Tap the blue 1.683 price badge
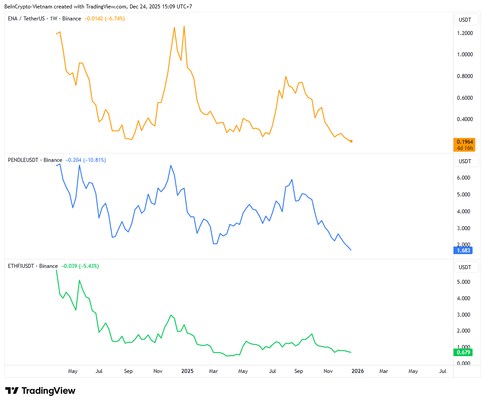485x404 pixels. click(464, 251)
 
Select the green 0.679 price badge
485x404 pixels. click(464, 353)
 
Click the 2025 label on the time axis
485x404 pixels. click(187, 371)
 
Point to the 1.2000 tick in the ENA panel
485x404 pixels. click(464, 33)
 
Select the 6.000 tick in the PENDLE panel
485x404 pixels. click(464, 178)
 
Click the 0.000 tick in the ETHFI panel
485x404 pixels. click(464, 364)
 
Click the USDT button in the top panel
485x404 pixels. click(465, 20)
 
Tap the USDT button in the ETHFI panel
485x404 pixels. click(465, 267)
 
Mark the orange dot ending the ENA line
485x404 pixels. click(351, 141)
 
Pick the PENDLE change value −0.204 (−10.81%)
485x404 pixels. click(86, 160)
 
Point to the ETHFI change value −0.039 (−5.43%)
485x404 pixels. click(80, 266)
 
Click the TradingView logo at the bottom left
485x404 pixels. click(40, 391)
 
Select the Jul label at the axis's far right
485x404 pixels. click(442, 371)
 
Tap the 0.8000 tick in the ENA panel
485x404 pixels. click(464, 76)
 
